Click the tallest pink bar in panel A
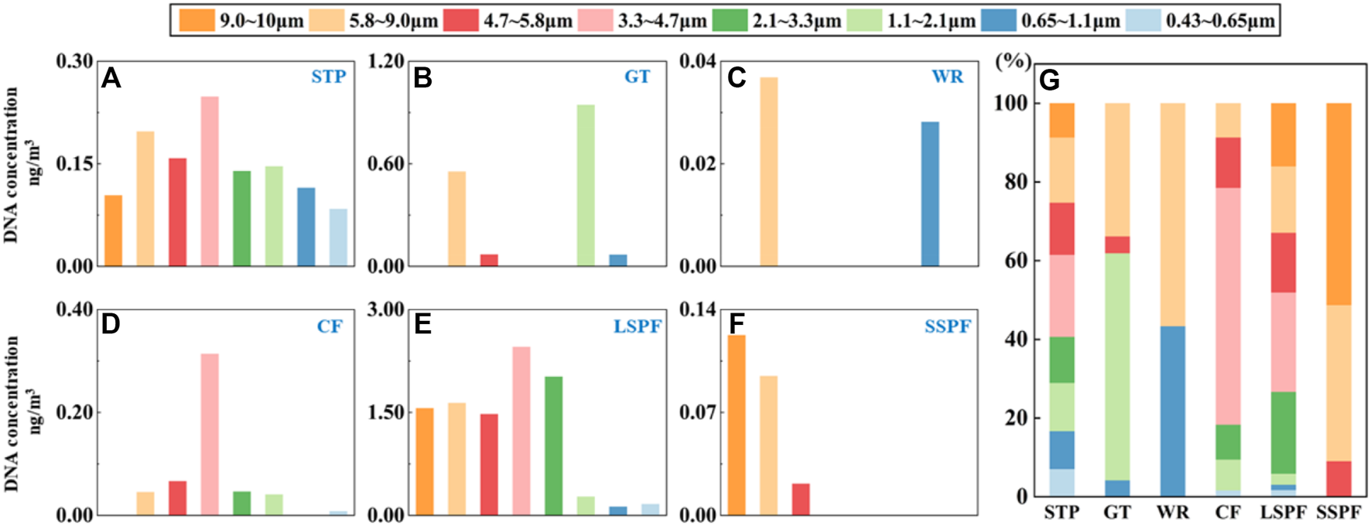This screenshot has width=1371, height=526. click(210, 182)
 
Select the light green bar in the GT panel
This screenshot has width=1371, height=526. click(586, 186)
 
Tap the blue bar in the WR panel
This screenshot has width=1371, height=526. click(929, 194)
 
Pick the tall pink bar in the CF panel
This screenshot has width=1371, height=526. click(210, 434)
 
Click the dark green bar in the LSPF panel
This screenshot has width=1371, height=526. click(553, 446)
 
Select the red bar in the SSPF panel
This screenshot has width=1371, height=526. click(801, 500)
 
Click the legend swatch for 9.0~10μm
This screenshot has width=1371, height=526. click(197, 20)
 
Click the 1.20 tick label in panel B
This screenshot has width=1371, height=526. click(386, 61)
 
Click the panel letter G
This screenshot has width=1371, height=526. click(1049, 80)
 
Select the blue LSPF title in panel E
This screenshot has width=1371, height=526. click(637, 326)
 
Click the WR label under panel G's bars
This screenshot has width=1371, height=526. click(1172, 512)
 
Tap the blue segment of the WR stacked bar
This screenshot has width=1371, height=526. click(1172, 411)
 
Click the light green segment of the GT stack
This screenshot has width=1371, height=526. click(1116, 367)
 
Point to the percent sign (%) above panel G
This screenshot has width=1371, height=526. click(1013, 62)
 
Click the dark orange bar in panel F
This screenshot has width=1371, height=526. click(736, 425)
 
